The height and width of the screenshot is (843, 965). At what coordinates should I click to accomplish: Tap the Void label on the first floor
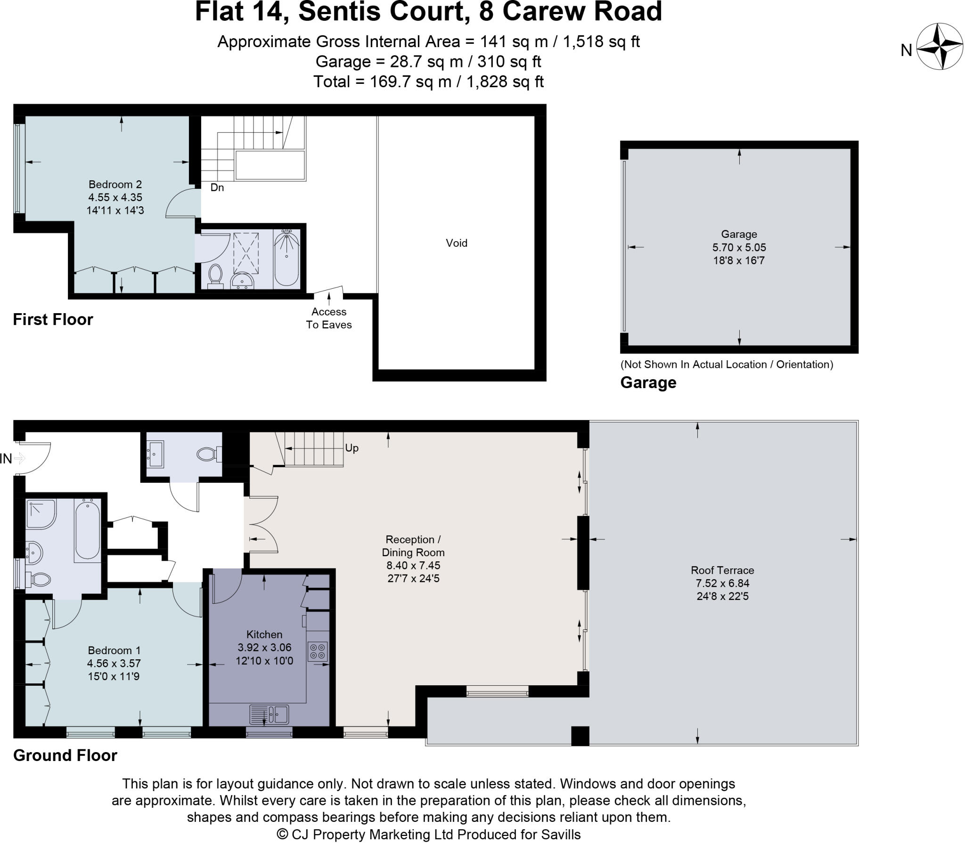456,243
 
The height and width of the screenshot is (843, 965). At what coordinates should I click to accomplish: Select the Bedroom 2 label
115,184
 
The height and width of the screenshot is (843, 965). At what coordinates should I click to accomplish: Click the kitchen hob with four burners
317,651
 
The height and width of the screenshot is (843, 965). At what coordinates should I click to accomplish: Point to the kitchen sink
269,714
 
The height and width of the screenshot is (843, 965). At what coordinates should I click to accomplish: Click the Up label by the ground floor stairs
352,448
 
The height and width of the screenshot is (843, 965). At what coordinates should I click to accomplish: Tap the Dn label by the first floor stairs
217,187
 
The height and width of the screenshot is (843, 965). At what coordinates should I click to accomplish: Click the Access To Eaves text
329,318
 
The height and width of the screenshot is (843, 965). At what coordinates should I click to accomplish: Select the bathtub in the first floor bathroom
286,259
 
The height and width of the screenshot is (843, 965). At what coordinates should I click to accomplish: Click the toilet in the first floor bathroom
215,275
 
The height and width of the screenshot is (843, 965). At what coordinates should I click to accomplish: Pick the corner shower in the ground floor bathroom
41,514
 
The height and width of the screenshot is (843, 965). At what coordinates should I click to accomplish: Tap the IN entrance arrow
19,458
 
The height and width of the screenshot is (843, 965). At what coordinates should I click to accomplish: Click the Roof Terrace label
722,570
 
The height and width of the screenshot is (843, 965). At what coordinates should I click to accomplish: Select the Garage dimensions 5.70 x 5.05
739,247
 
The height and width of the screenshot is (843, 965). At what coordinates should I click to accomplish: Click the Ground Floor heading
65,755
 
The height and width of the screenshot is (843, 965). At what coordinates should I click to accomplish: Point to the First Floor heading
53,320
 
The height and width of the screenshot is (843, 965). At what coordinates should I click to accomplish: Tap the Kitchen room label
264,634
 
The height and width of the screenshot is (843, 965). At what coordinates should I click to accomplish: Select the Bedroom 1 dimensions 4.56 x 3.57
114,663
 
